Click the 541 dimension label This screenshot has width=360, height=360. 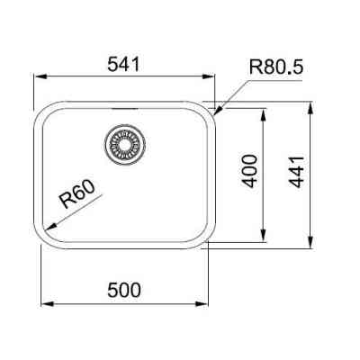point(124,64)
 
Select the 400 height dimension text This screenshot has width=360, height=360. point(249,171)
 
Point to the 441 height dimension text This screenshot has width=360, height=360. point(296,172)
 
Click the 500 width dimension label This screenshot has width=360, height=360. point(124,291)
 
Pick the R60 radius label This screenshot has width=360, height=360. point(77,194)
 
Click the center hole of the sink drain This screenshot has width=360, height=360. point(125,144)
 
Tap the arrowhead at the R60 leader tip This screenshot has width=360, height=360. point(49,227)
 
